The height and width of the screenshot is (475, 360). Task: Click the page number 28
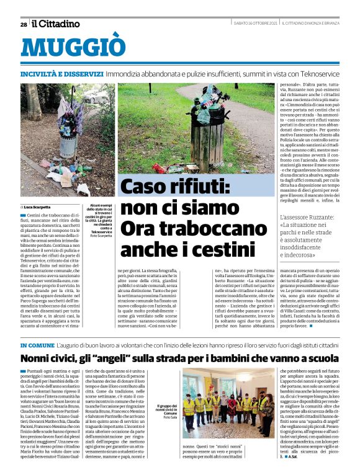coord(24,24)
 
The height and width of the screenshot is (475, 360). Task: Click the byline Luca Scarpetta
coord(39,206)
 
